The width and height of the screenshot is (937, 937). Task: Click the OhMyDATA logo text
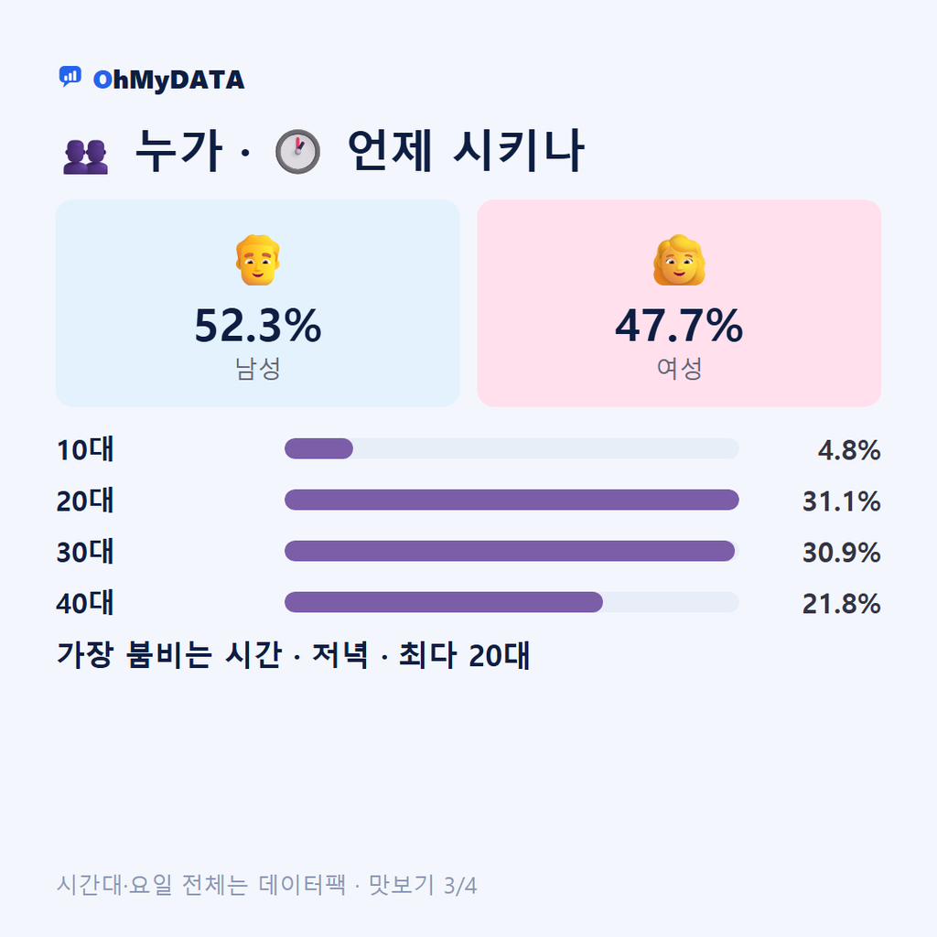pos(168,81)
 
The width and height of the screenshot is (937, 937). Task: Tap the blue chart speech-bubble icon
pos(70,77)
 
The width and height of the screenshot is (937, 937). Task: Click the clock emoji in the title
pos(297,151)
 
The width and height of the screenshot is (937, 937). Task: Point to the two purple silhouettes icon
pos(85,156)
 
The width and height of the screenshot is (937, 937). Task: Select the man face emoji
pos(257,260)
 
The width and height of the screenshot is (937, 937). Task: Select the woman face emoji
pos(680,260)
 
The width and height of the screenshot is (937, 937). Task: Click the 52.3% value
pos(257,326)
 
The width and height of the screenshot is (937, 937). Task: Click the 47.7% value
pos(680,326)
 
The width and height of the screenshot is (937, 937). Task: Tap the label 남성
pos(257,369)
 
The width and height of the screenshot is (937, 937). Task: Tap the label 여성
pos(680,369)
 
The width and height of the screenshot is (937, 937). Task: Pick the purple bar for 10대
pos(318,448)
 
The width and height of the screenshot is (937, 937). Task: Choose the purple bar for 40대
pos(444,602)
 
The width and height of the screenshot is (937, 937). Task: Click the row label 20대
pos(85,501)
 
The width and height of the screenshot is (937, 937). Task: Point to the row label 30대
pos(85,552)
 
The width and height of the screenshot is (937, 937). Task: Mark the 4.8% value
pos(849,450)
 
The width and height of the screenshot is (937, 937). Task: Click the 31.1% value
pos(842,501)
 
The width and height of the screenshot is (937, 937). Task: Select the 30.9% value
pos(842,553)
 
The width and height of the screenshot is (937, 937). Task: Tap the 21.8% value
pos(842,604)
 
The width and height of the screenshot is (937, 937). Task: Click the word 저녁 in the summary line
pos(340,655)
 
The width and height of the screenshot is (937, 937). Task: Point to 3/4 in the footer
pos(460,886)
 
